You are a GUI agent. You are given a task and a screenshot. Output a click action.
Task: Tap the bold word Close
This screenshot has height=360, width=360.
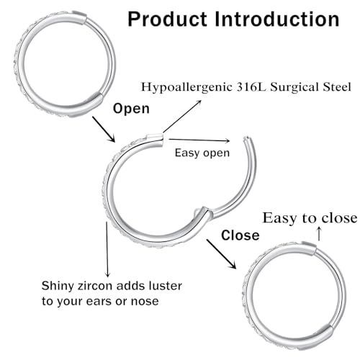point(240,235)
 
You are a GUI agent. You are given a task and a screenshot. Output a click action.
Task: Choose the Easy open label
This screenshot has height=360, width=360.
point(202,153)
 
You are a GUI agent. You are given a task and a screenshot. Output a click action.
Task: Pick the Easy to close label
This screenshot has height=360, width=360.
point(310,217)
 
